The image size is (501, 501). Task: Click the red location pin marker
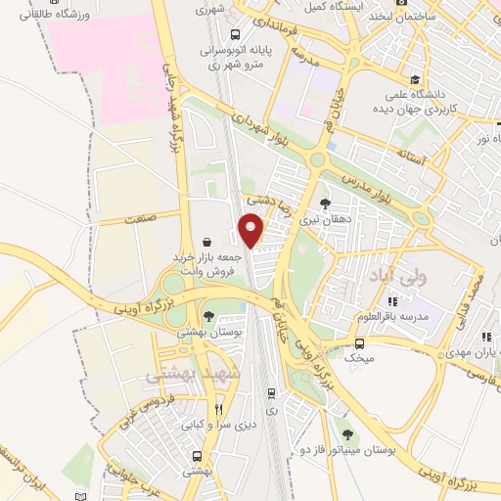(252, 230)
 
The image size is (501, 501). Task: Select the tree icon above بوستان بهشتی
(208, 315)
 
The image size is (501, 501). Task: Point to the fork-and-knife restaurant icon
(219, 409)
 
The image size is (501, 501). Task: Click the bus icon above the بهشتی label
(199, 456)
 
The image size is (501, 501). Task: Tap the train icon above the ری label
(272, 394)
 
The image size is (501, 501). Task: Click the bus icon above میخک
(359, 343)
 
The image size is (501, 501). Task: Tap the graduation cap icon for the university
(415, 80)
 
